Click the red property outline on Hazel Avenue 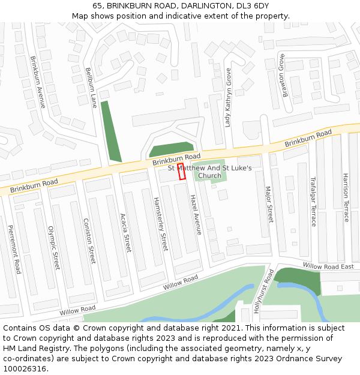pos(182,171)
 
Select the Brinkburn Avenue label pos(38,82)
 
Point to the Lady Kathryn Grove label pos(228,97)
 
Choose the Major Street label pos(269,205)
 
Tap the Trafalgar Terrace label pos(313,201)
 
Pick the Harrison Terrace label pos(346,197)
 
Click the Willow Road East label pos(328,266)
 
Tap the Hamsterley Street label pos(161,224)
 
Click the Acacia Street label pos(125,232)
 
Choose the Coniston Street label pos(89,241)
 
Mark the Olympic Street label pos(53,247)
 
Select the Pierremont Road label pos(14,249)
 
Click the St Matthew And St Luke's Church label pos(210,172)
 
